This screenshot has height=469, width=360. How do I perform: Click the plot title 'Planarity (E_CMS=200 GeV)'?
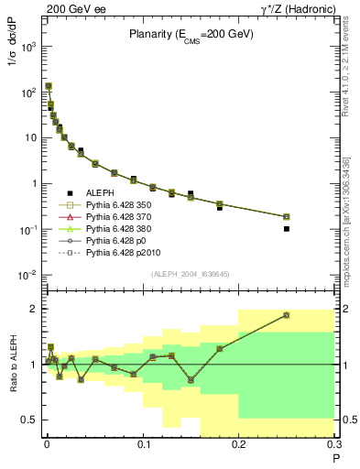[191, 35]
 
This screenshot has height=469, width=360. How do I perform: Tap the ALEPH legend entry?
[104, 192]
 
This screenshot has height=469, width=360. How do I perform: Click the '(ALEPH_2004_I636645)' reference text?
[190, 274]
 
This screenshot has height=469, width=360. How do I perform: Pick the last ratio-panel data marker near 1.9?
[287, 315]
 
